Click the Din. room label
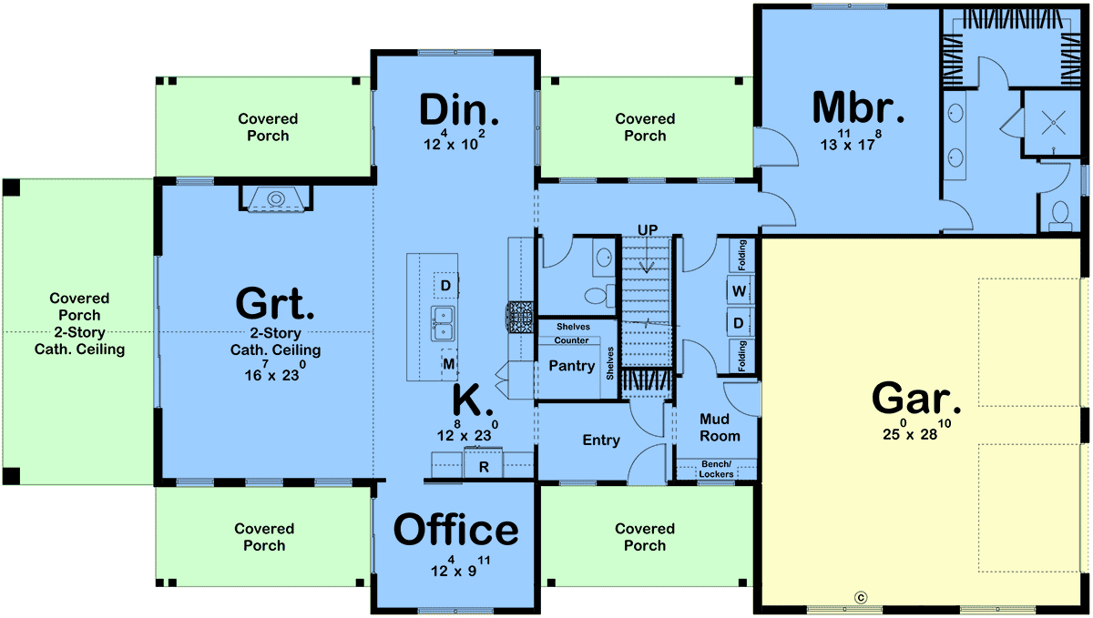tap(459, 110)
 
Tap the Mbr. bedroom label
tap(858, 107)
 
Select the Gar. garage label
tap(916, 398)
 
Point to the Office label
tap(455, 530)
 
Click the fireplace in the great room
tap(276, 198)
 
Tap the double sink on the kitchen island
tap(443, 324)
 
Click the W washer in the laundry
tap(739, 291)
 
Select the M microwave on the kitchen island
tap(449, 364)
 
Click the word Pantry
tap(571, 366)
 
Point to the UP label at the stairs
tap(648, 229)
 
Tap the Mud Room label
tap(720, 427)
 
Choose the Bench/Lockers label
tap(716, 469)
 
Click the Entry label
tap(601, 441)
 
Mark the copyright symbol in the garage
tap(861, 597)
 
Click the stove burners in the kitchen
tap(519, 318)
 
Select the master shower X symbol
tap(1053, 123)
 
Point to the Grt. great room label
tap(275, 303)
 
